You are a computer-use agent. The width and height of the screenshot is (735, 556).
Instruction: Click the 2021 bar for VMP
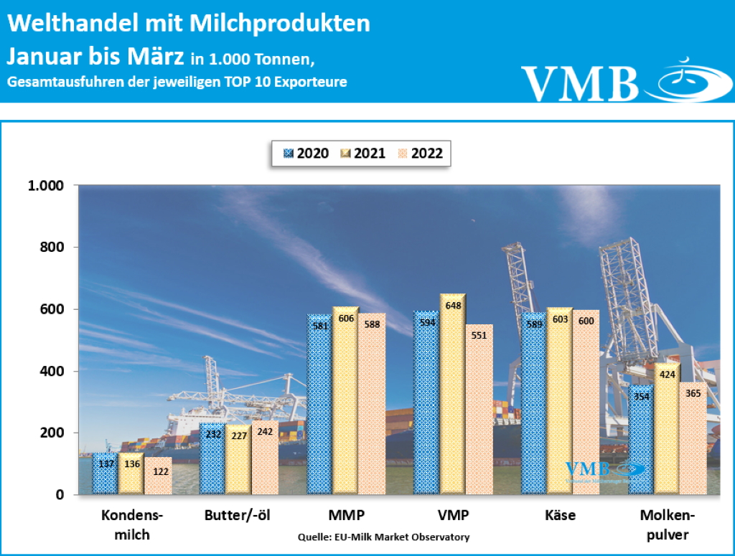click(x=452, y=395)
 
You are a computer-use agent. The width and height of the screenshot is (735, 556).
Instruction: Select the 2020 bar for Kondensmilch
click(x=105, y=473)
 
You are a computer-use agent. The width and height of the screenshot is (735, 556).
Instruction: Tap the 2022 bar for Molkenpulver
click(x=692, y=439)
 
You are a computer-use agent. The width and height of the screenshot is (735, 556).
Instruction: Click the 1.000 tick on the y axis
click(x=45, y=186)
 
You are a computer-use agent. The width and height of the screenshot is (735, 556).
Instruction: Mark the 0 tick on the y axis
click(x=60, y=495)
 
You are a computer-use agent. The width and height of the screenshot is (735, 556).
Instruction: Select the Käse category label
click(x=560, y=516)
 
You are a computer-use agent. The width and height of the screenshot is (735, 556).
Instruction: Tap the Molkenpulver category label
click(x=667, y=525)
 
